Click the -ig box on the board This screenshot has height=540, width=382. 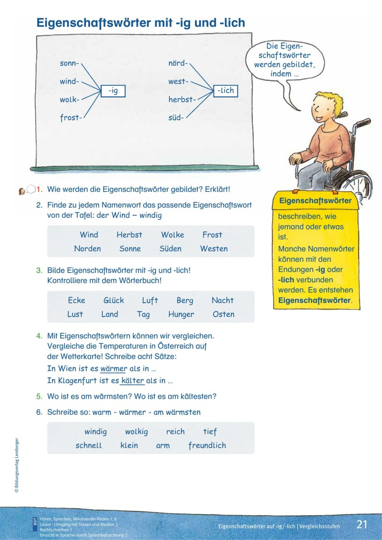point(113,90)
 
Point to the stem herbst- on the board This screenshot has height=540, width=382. point(182,99)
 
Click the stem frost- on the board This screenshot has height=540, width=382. point(71,117)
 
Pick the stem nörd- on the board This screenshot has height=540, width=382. point(178,63)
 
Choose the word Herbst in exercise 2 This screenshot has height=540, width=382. point(129,234)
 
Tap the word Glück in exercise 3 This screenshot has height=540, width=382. point(114,300)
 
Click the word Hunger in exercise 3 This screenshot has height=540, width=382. point(181,314)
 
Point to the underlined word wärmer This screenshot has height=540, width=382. point(114,369)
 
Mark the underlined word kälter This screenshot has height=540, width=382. point(133,381)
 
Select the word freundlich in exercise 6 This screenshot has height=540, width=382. point(207,445)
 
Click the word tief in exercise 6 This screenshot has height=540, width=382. point(210,432)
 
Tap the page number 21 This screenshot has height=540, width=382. point(362,524)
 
